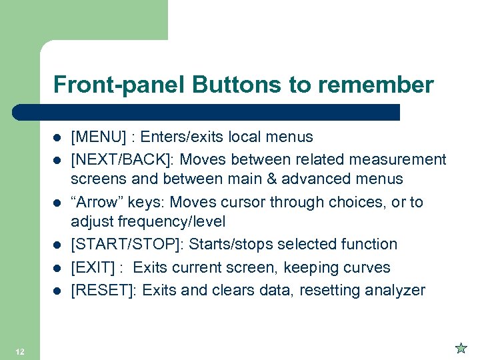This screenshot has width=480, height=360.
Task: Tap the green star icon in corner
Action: click(x=461, y=348)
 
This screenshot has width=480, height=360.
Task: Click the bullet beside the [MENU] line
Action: click(x=58, y=138)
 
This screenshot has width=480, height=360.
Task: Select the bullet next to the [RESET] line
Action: click(x=58, y=291)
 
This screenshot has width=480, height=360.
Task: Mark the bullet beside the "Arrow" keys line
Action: click(x=58, y=203)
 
